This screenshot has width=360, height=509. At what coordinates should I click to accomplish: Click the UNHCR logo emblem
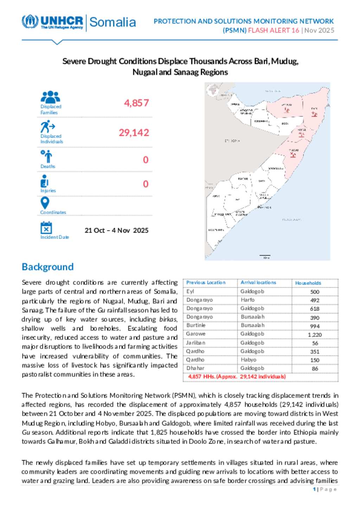(x=30, y=21)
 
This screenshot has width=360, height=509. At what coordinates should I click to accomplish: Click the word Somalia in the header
(x=112, y=22)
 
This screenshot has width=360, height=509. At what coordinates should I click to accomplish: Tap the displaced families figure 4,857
(x=136, y=103)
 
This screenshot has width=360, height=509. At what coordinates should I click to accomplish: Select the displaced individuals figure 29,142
(x=134, y=132)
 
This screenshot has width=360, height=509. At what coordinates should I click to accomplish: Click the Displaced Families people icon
(x=51, y=97)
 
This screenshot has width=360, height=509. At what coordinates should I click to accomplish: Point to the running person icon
(x=47, y=126)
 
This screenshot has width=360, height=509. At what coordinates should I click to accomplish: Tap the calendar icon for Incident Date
(x=46, y=228)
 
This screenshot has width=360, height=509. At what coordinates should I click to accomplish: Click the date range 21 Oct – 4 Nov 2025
(x=116, y=230)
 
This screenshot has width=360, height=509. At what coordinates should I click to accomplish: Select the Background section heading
(x=48, y=267)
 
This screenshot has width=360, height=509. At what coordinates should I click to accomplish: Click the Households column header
(x=308, y=283)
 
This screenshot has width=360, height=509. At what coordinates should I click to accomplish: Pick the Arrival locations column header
(x=258, y=282)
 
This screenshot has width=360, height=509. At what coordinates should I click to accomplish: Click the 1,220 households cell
(x=315, y=335)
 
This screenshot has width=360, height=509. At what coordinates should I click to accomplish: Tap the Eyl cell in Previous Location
(x=190, y=291)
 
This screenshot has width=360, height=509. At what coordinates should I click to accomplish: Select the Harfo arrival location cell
(x=247, y=300)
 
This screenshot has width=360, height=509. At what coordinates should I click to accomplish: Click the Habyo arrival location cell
(x=249, y=360)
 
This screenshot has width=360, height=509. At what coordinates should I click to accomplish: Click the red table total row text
(x=237, y=377)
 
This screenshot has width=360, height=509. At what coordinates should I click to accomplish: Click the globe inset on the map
(x=213, y=90)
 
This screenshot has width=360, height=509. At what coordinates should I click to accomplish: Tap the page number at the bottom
(x=314, y=489)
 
